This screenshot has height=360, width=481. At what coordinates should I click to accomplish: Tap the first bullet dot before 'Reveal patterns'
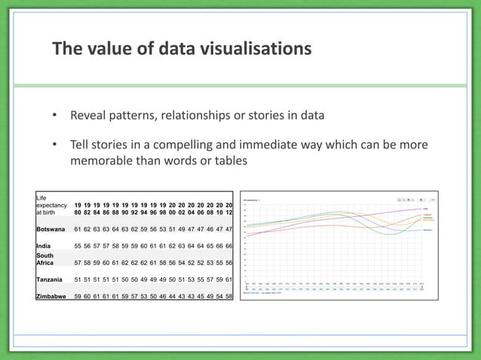54,117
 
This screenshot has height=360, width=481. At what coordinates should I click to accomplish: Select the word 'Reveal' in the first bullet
90,117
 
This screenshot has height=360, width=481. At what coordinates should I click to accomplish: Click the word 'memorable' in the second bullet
103,161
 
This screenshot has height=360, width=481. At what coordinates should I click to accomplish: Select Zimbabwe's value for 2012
228,297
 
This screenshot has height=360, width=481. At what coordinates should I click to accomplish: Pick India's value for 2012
228,246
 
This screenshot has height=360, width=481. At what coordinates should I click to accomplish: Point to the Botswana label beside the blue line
427,229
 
